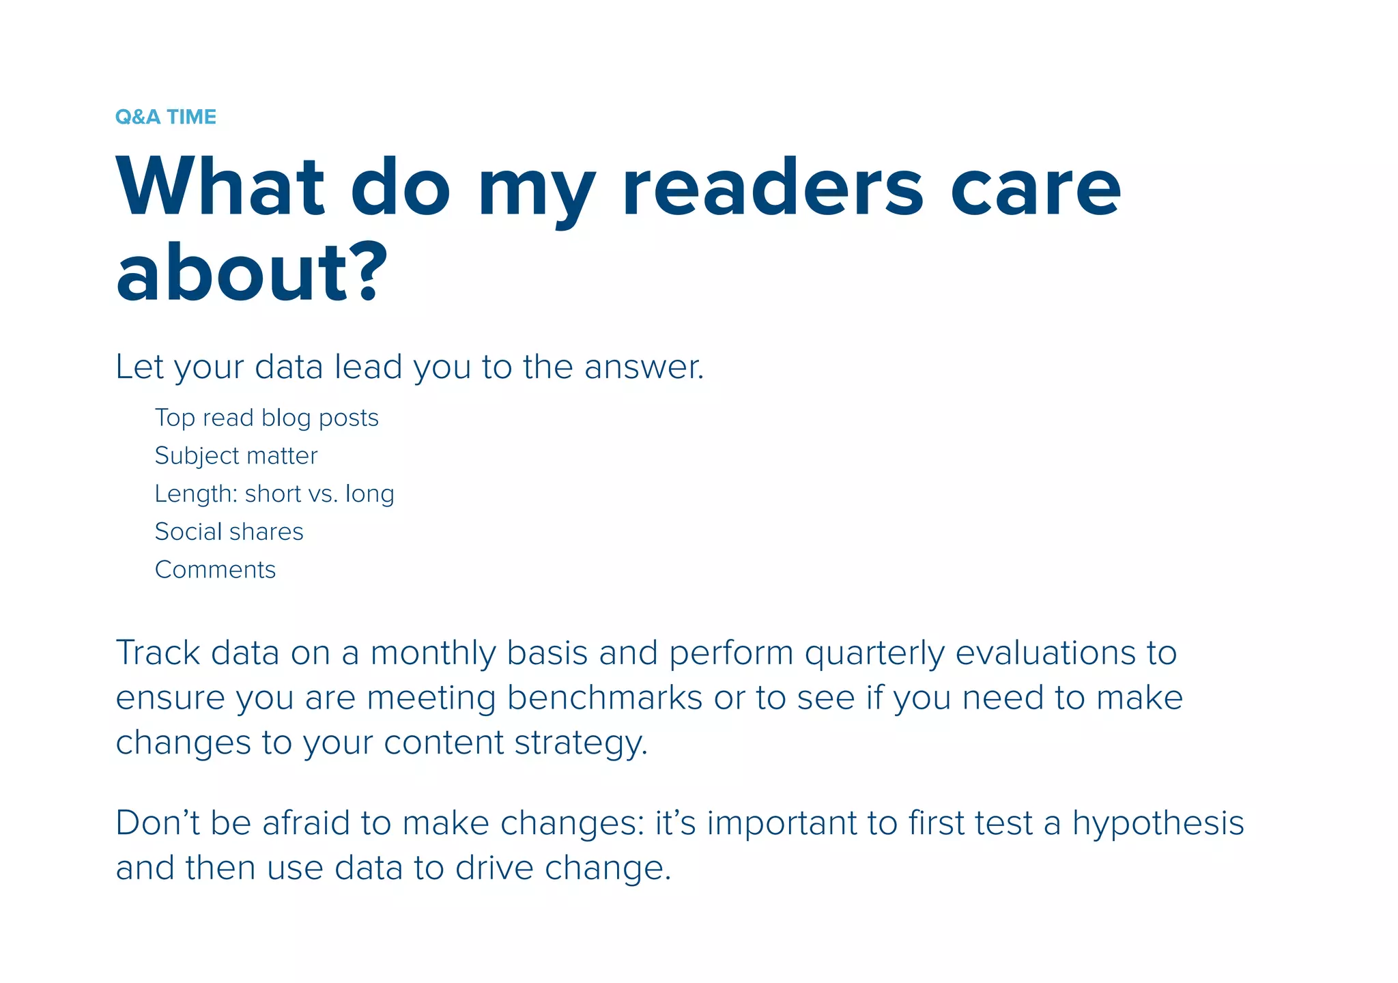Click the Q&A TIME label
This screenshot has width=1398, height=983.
[166, 117]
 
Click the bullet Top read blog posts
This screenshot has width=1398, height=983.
[266, 418]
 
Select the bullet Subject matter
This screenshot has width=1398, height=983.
[236, 456]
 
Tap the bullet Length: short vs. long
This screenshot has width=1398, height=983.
[274, 494]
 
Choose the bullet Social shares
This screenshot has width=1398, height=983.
[229, 532]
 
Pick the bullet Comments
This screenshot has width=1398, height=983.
[216, 570]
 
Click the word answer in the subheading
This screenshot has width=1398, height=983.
[643, 367]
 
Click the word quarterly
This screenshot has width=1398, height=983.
[874, 654]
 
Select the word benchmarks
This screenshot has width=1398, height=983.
[605, 698]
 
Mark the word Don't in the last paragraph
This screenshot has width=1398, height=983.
[158, 823]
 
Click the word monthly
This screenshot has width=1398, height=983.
[433, 654]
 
